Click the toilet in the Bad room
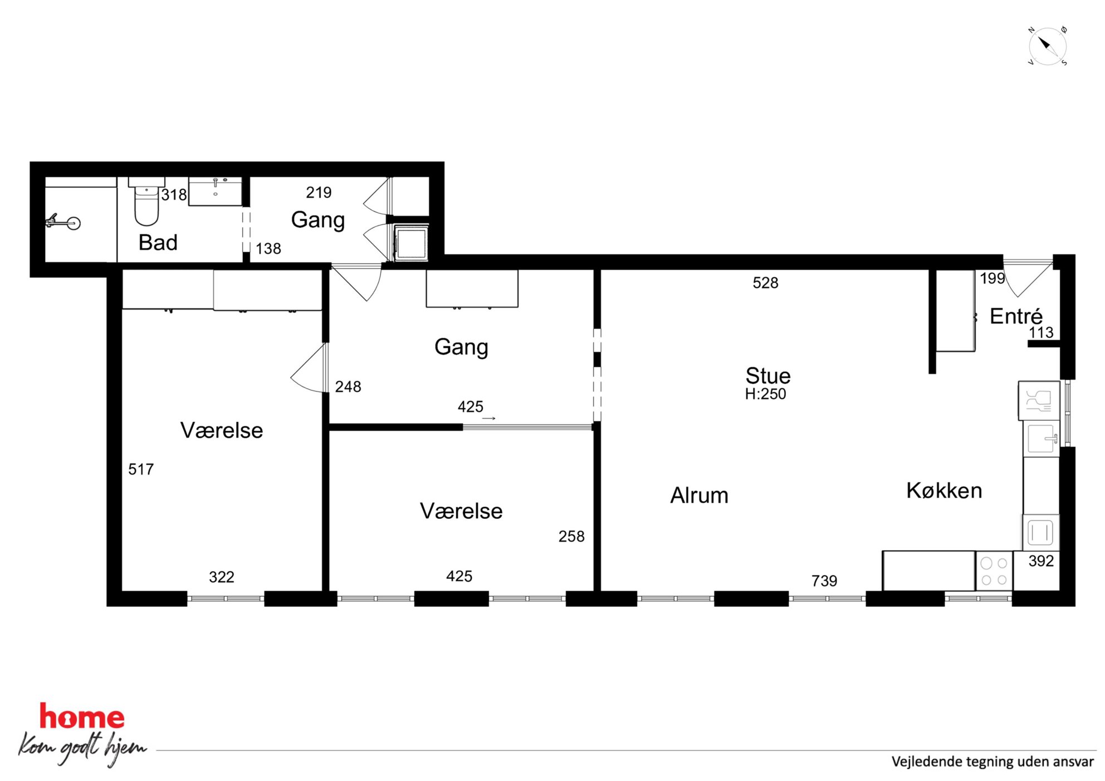pos(146,202)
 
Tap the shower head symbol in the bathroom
pos(63,222)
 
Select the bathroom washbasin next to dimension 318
pos(216,192)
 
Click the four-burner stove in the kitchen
pos(994,571)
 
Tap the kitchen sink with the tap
pos(1042,438)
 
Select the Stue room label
pos(768,376)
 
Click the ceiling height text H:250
pos(765,394)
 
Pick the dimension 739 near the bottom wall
pos(824,581)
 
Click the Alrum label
pos(699,495)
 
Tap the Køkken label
pos(944,490)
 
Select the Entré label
pos(1016,316)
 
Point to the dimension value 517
pos(141,469)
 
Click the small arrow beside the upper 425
pos(488,419)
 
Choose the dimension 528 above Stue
pos(765,283)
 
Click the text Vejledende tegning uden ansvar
pos(992,762)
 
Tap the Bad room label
pos(158,243)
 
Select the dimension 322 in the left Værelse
pos(222,577)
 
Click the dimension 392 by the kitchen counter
pos(1041,561)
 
